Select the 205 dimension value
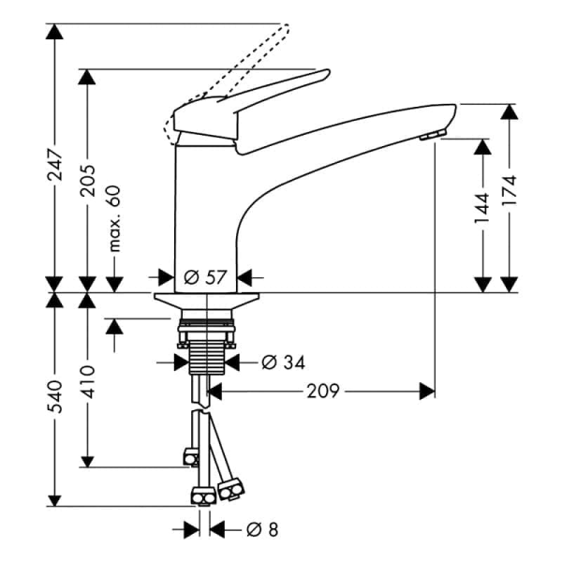tap(87, 180)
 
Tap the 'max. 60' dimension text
tap(114, 218)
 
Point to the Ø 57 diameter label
tap(205, 277)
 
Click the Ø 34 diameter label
tap(283, 362)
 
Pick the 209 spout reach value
tap(322, 391)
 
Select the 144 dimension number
tap(481, 208)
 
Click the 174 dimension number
tap(509, 190)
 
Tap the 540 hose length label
tap(55, 397)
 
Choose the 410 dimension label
tap(87, 382)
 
